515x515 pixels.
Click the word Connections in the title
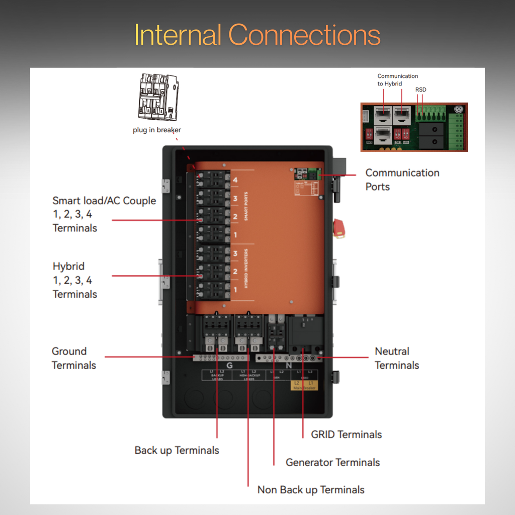304,35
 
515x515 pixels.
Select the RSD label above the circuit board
420,90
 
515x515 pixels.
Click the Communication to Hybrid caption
397,80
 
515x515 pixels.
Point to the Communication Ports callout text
402,180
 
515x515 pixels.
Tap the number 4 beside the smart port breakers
235,180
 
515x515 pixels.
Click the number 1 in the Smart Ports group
235,235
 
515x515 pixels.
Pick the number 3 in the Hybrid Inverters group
235,254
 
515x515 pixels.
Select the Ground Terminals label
73,358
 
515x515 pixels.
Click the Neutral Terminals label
396,358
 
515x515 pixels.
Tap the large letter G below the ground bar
229,366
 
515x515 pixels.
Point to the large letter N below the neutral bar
288,366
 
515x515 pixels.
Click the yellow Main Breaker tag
304,386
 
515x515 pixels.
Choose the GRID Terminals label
346,435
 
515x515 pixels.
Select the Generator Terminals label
332,462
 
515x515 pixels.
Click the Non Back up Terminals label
311,489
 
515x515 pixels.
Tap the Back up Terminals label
177,450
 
